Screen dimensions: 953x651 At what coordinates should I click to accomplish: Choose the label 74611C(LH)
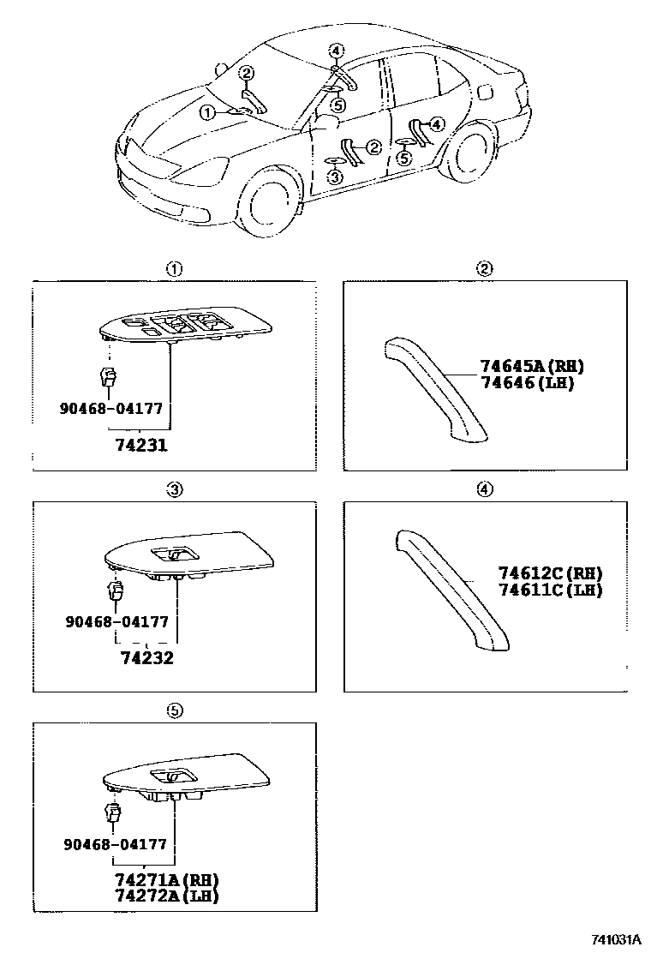550,590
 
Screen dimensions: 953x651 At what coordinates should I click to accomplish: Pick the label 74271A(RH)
166,881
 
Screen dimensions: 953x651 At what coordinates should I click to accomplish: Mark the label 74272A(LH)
166,896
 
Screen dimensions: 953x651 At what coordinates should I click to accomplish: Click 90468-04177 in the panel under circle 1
111,409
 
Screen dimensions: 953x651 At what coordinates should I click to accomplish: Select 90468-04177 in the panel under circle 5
115,844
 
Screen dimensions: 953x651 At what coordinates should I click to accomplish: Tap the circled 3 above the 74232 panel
174,489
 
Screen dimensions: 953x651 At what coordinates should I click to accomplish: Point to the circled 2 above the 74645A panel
485,268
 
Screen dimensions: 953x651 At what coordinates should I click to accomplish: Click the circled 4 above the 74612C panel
485,489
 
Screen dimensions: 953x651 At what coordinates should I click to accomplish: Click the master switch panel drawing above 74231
185,327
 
